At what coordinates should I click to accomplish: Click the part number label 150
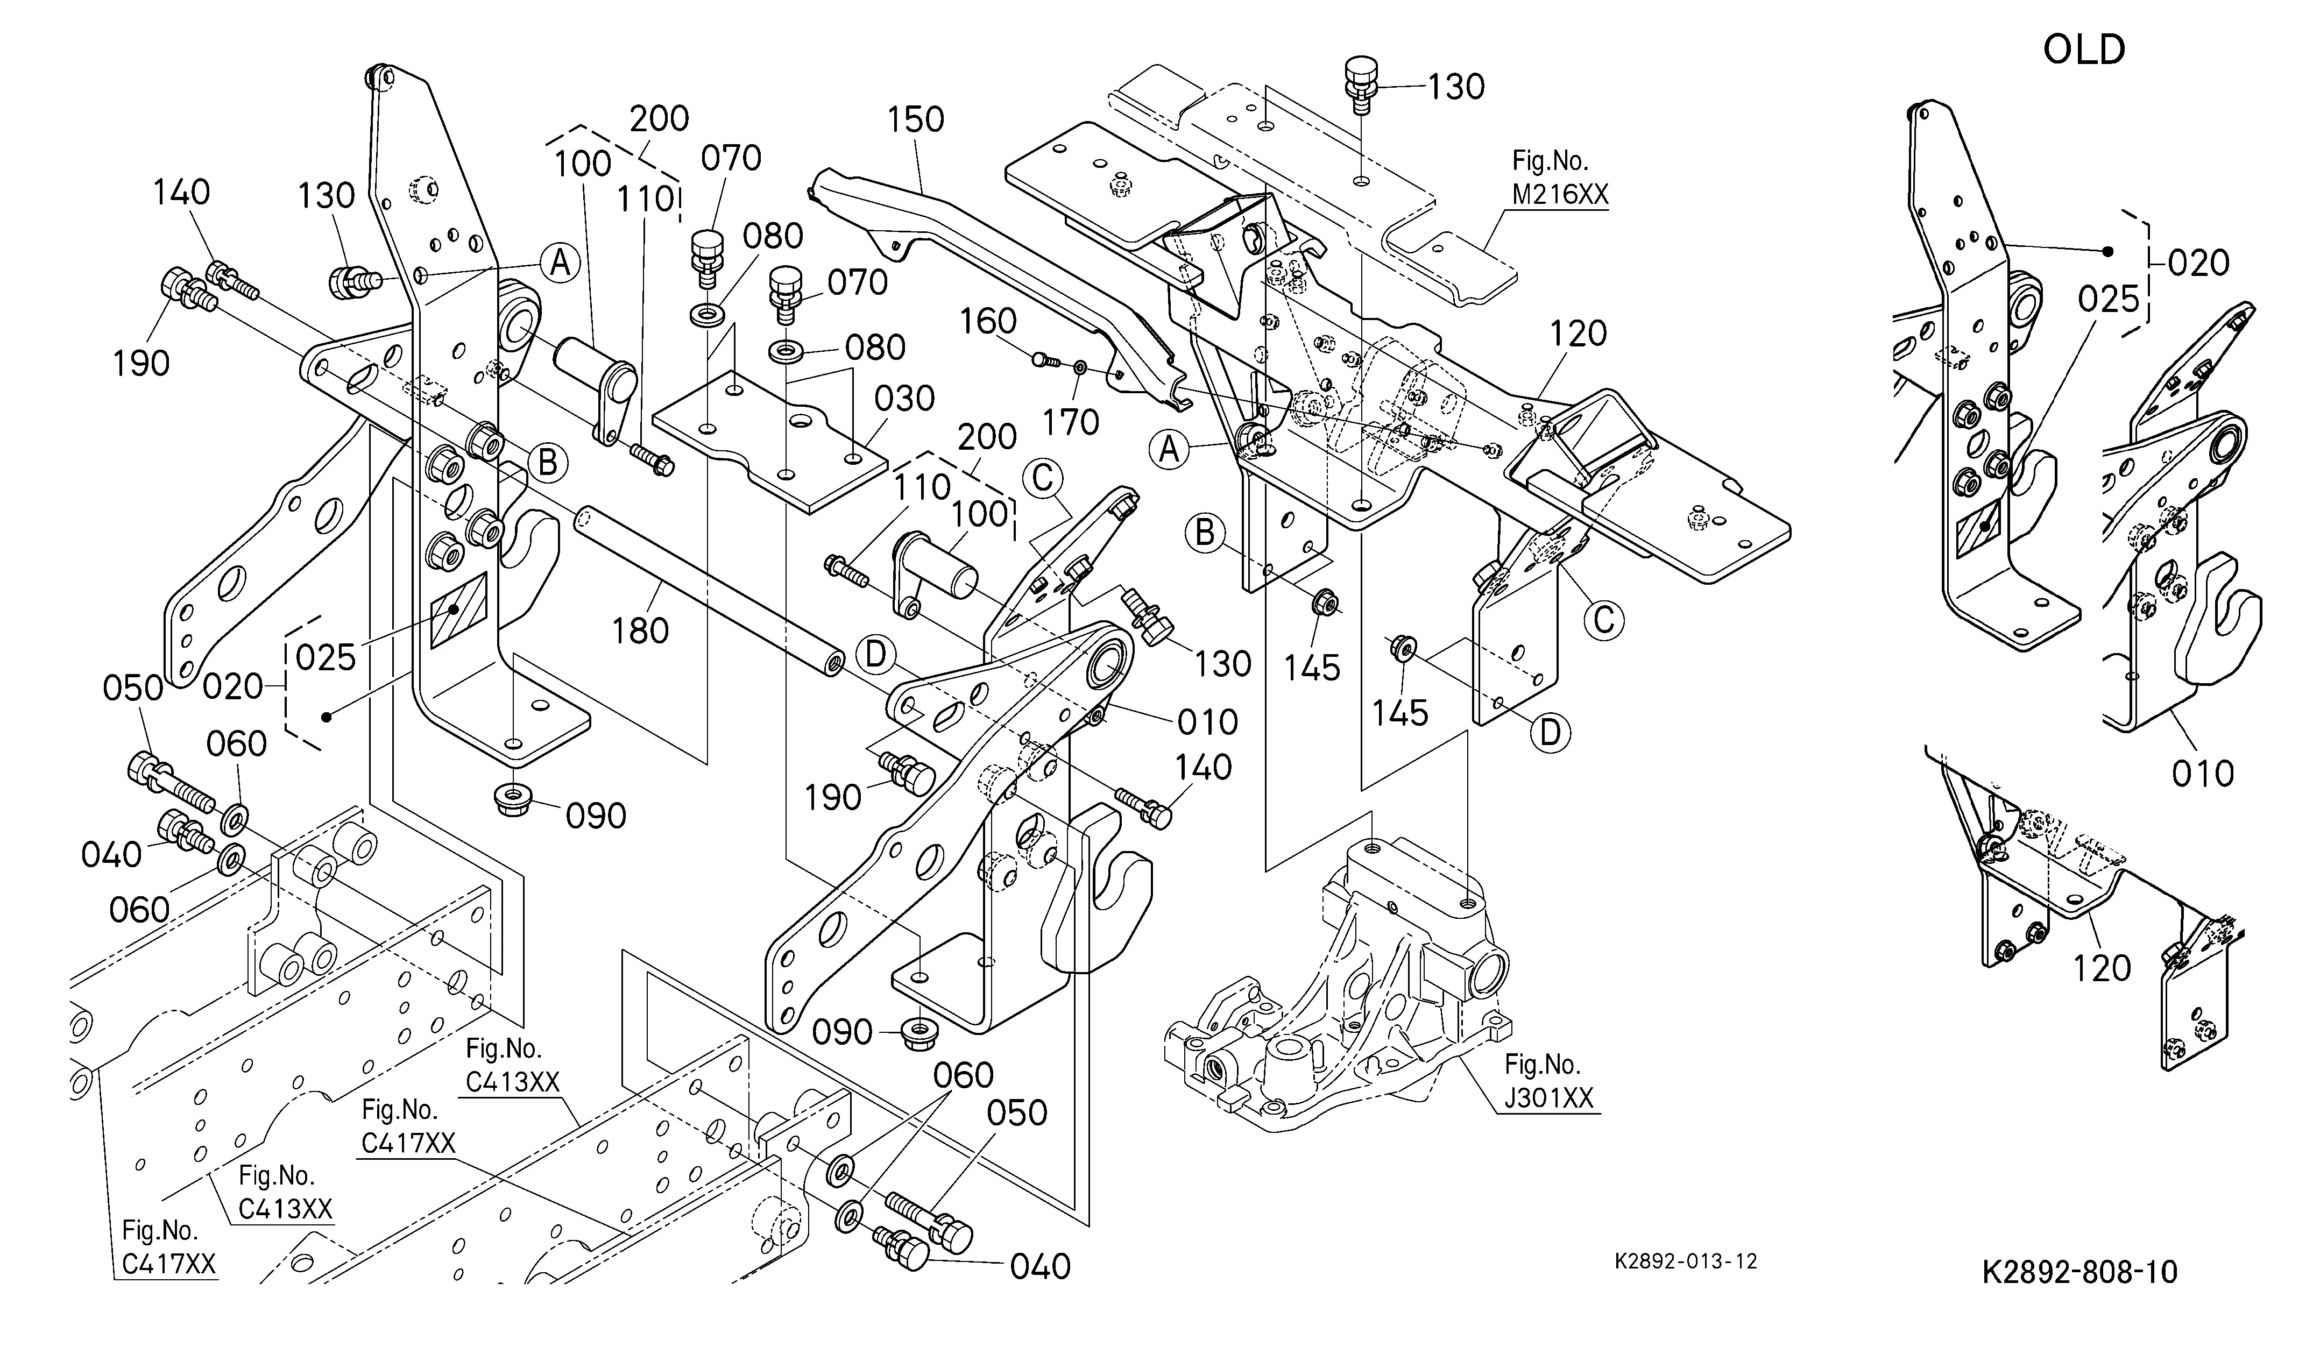pyautogui.click(x=916, y=119)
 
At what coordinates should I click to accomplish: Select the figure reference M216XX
pyautogui.click(x=1560, y=195)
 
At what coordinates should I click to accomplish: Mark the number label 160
pyautogui.click(x=988, y=321)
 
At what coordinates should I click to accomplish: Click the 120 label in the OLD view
pyautogui.click(x=2102, y=968)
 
